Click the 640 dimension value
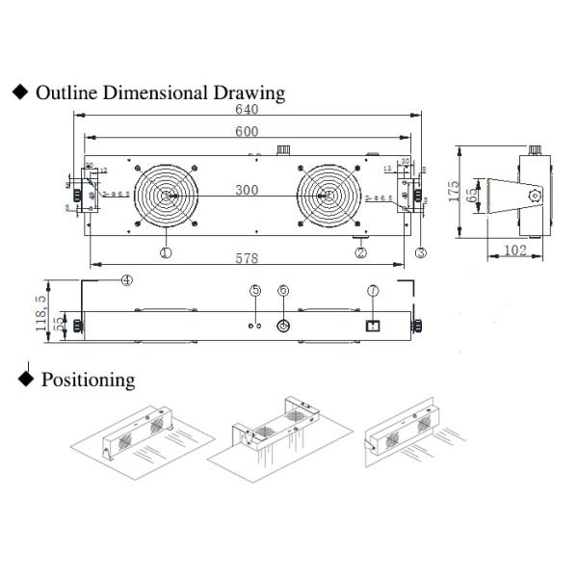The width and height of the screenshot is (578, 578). [248, 109]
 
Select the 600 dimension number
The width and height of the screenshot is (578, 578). [248, 132]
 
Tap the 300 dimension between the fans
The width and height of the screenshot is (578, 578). [247, 191]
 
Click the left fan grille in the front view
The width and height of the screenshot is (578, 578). [165, 197]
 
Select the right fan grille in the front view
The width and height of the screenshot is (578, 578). [328, 197]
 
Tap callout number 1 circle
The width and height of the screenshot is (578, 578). [166, 252]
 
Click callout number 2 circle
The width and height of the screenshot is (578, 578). [361, 253]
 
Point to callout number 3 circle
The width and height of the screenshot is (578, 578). [421, 253]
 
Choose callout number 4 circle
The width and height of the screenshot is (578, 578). [126, 280]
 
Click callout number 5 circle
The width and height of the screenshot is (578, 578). [255, 291]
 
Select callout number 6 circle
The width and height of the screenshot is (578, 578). [283, 291]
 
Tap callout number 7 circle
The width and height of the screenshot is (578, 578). [373, 291]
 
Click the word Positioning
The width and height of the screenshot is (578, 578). [88, 380]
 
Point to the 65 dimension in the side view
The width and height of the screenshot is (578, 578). [471, 194]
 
